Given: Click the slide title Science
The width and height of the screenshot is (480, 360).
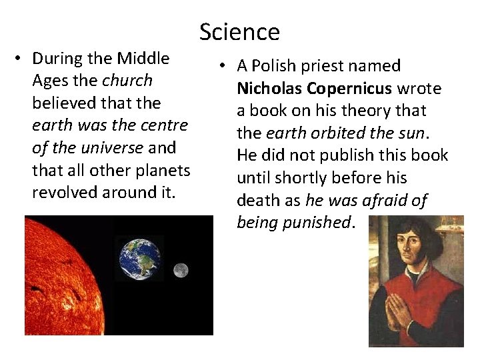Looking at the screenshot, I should click(x=239, y=32).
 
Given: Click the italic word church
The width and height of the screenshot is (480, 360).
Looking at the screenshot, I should click(x=127, y=81).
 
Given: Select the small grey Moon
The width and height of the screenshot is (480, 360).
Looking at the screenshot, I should click(x=180, y=270).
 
